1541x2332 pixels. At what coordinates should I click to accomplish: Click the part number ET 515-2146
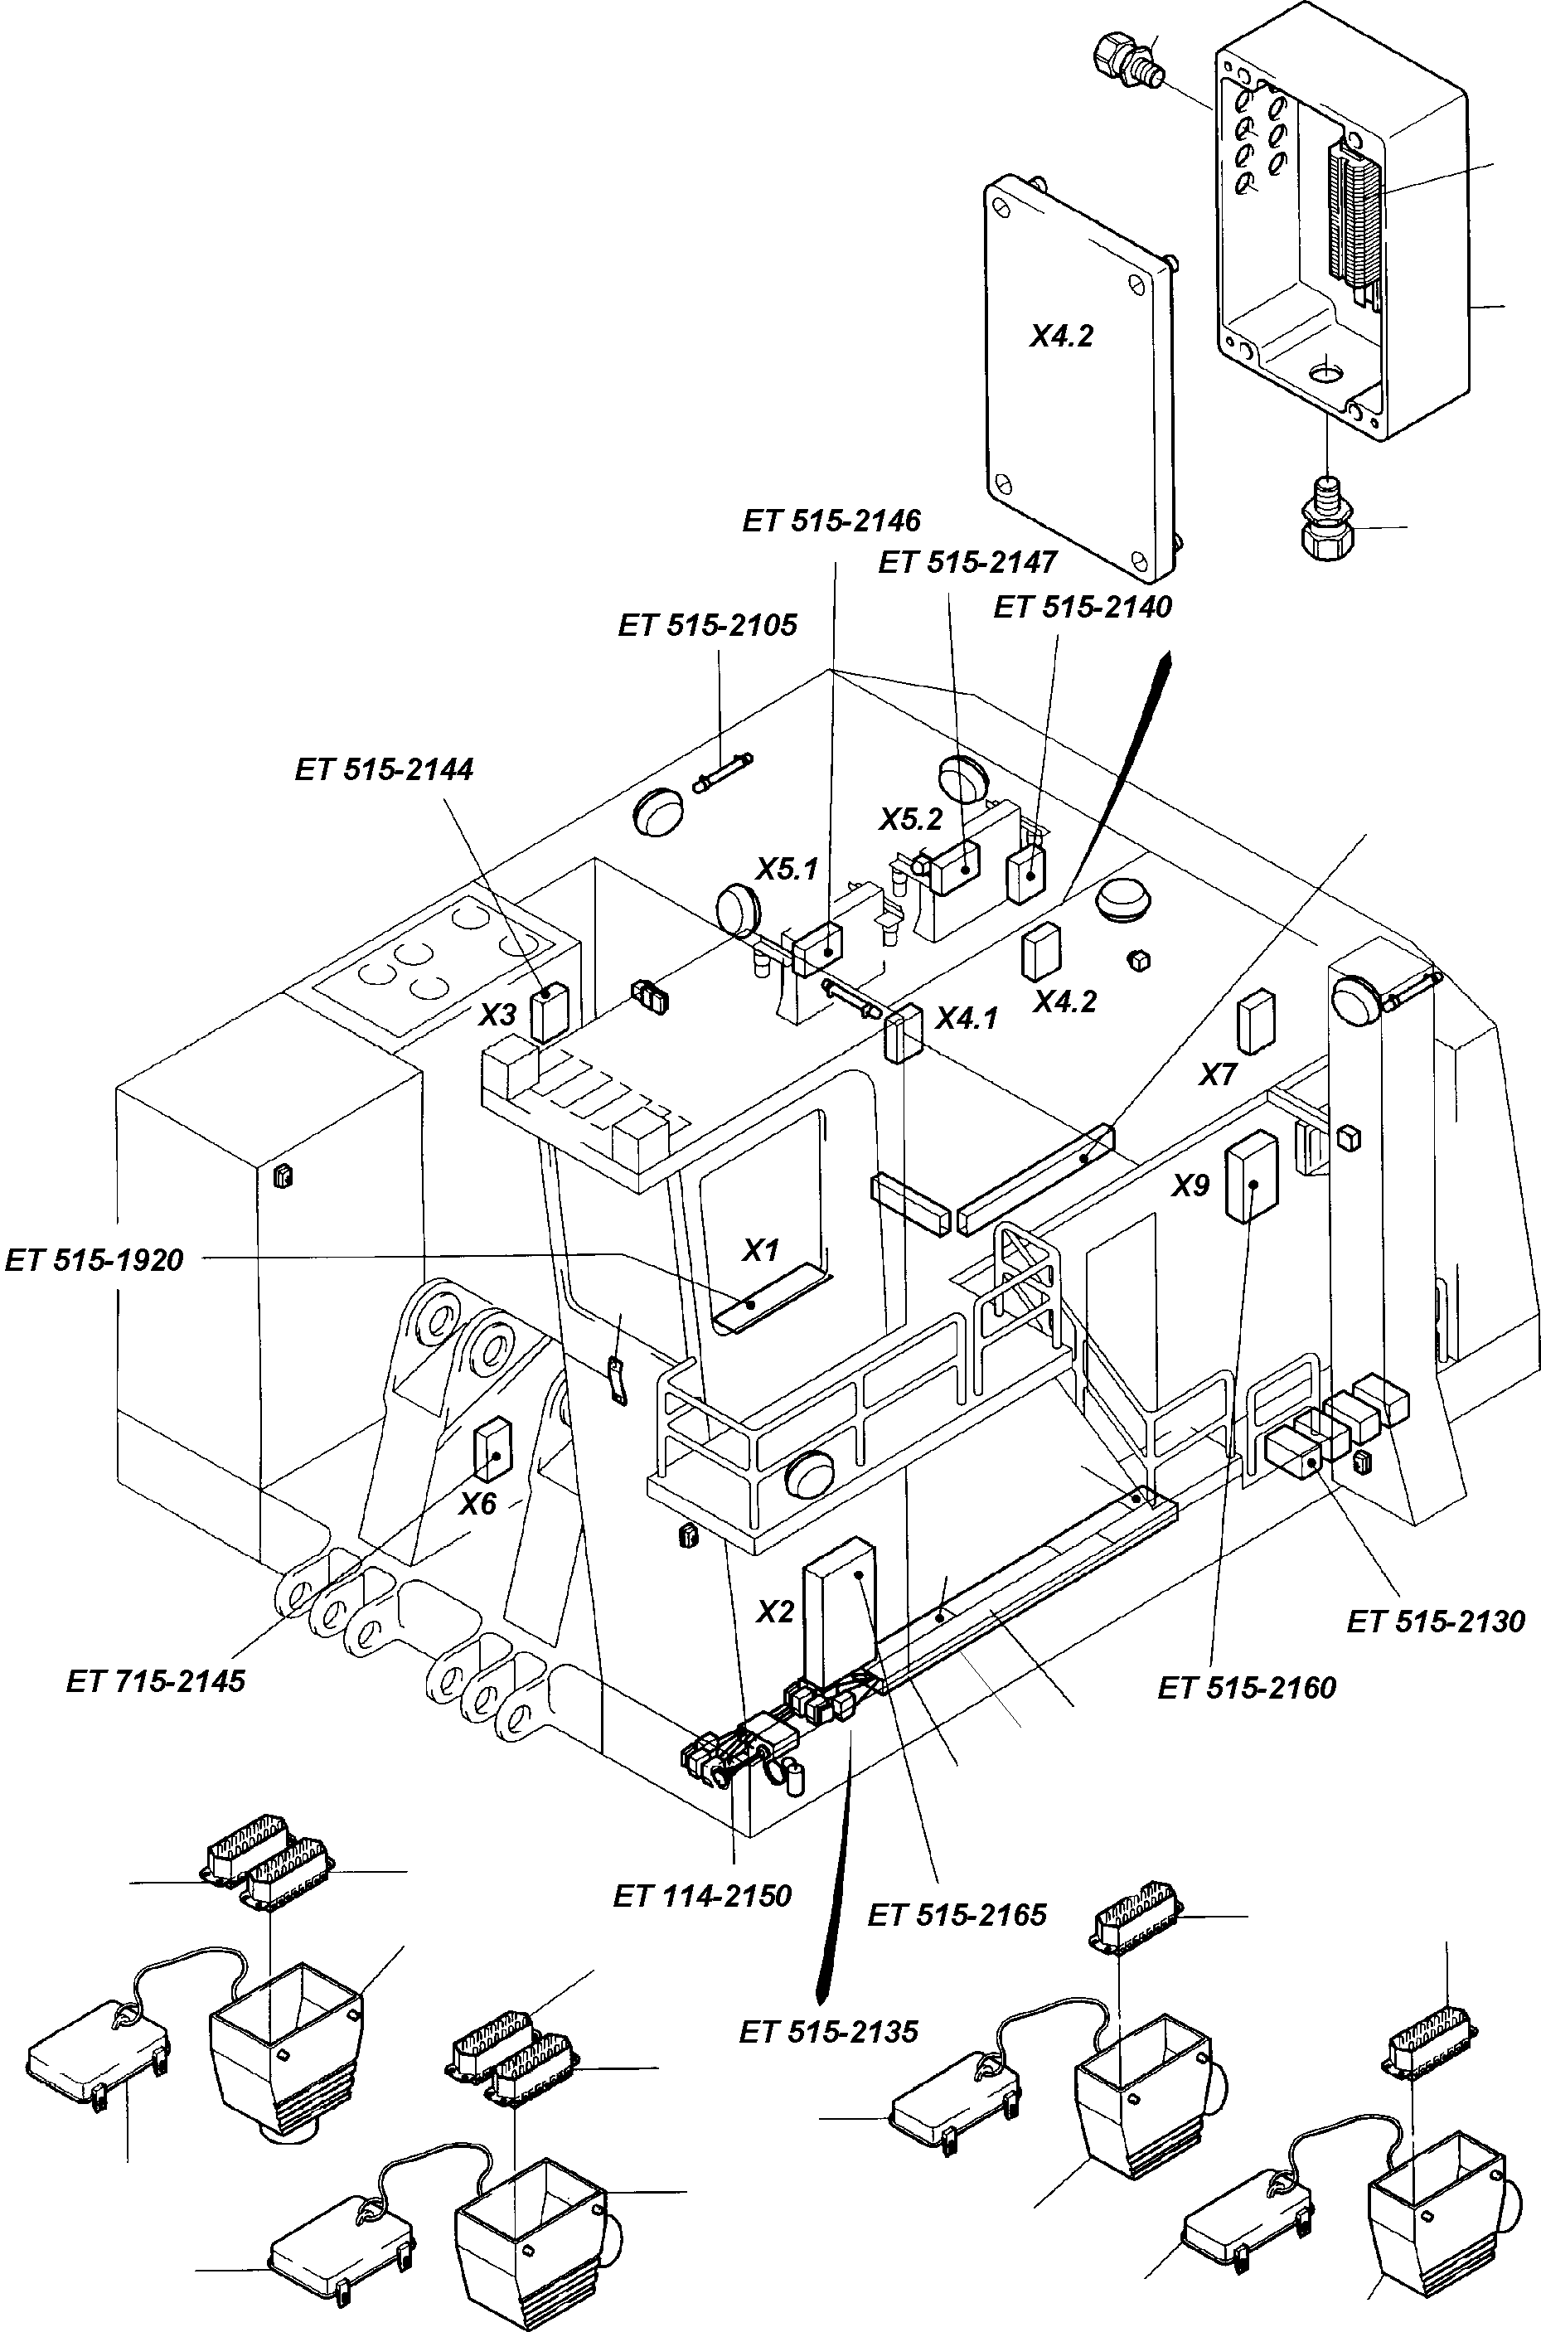831,520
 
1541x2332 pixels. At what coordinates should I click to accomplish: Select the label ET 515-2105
708,625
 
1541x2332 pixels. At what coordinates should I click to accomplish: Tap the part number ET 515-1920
94,1260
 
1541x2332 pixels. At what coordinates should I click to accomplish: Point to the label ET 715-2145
155,1680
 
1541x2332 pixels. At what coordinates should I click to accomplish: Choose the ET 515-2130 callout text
1435,1621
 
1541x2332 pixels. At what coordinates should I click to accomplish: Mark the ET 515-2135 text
828,2031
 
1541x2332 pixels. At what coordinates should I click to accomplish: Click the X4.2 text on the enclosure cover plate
1061,337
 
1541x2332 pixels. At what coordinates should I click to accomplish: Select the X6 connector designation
478,1504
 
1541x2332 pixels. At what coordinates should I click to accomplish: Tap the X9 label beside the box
1190,1186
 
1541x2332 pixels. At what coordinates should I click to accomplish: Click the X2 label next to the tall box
774,1612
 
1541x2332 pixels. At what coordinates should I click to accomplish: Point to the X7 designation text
1218,1074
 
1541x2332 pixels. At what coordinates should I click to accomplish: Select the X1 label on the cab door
759,1250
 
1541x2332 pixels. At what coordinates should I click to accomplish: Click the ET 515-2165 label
957,1914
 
